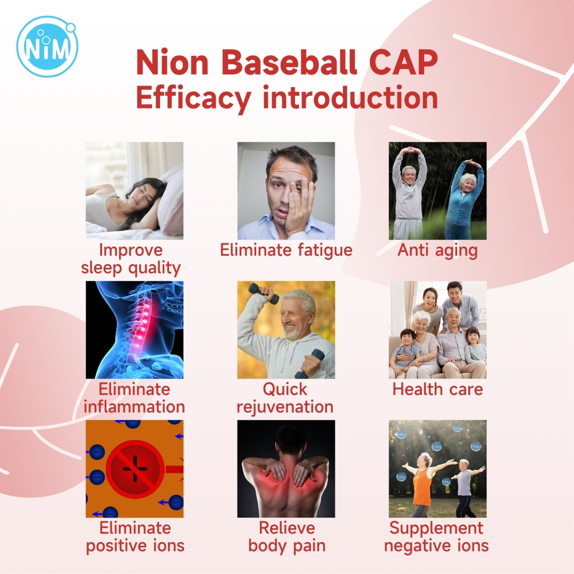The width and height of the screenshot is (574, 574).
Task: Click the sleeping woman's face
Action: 143,195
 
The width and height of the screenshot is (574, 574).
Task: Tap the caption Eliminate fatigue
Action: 286,250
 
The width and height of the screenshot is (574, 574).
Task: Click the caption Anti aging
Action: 437,251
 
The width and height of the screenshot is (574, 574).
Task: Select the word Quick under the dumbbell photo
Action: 285,389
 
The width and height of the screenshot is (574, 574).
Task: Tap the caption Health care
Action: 437,389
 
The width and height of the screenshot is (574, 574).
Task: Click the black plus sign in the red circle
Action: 135,469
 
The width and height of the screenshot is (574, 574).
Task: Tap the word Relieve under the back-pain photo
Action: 286,528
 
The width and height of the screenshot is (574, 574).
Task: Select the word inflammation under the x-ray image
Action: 134,407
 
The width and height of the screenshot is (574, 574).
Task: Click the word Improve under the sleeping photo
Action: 131,251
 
